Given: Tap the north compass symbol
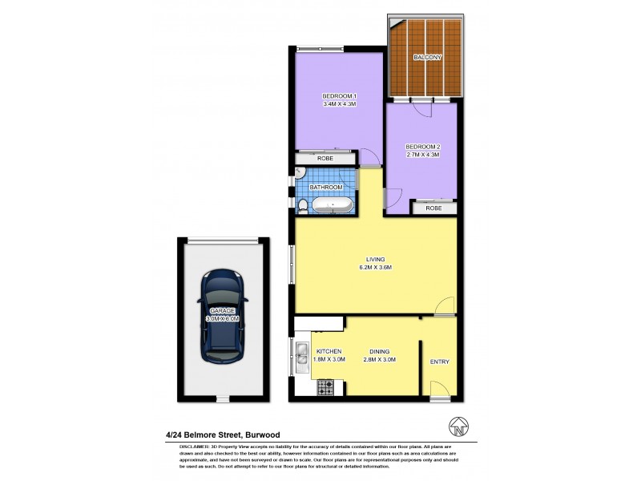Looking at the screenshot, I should [x=458, y=426].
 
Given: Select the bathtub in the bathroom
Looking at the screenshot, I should [x=333, y=206].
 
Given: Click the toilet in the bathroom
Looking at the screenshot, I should [x=301, y=207].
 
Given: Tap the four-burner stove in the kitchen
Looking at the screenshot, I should [x=325, y=387].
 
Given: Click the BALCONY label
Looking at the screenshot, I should [x=425, y=58].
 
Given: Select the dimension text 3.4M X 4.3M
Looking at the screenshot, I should [x=339, y=104].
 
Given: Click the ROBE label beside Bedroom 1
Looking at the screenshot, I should [x=325, y=159].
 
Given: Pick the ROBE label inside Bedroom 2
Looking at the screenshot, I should [x=433, y=208].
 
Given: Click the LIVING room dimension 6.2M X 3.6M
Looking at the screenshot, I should [x=375, y=268].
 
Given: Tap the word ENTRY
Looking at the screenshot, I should [x=439, y=362].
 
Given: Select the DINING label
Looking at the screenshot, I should [x=381, y=351].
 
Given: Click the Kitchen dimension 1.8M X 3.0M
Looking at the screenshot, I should [x=329, y=360].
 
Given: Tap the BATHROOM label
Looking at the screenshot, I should [x=326, y=187].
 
